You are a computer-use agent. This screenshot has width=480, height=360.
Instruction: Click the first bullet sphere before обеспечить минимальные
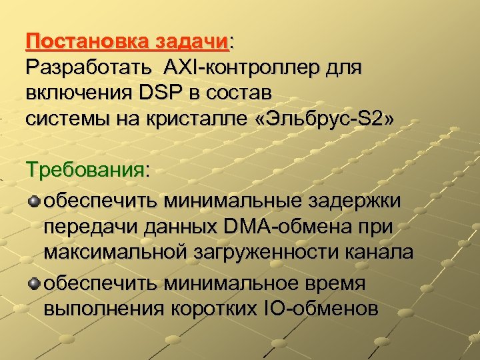(x=33, y=201)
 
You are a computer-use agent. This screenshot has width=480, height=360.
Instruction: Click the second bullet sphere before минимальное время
(x=33, y=283)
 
